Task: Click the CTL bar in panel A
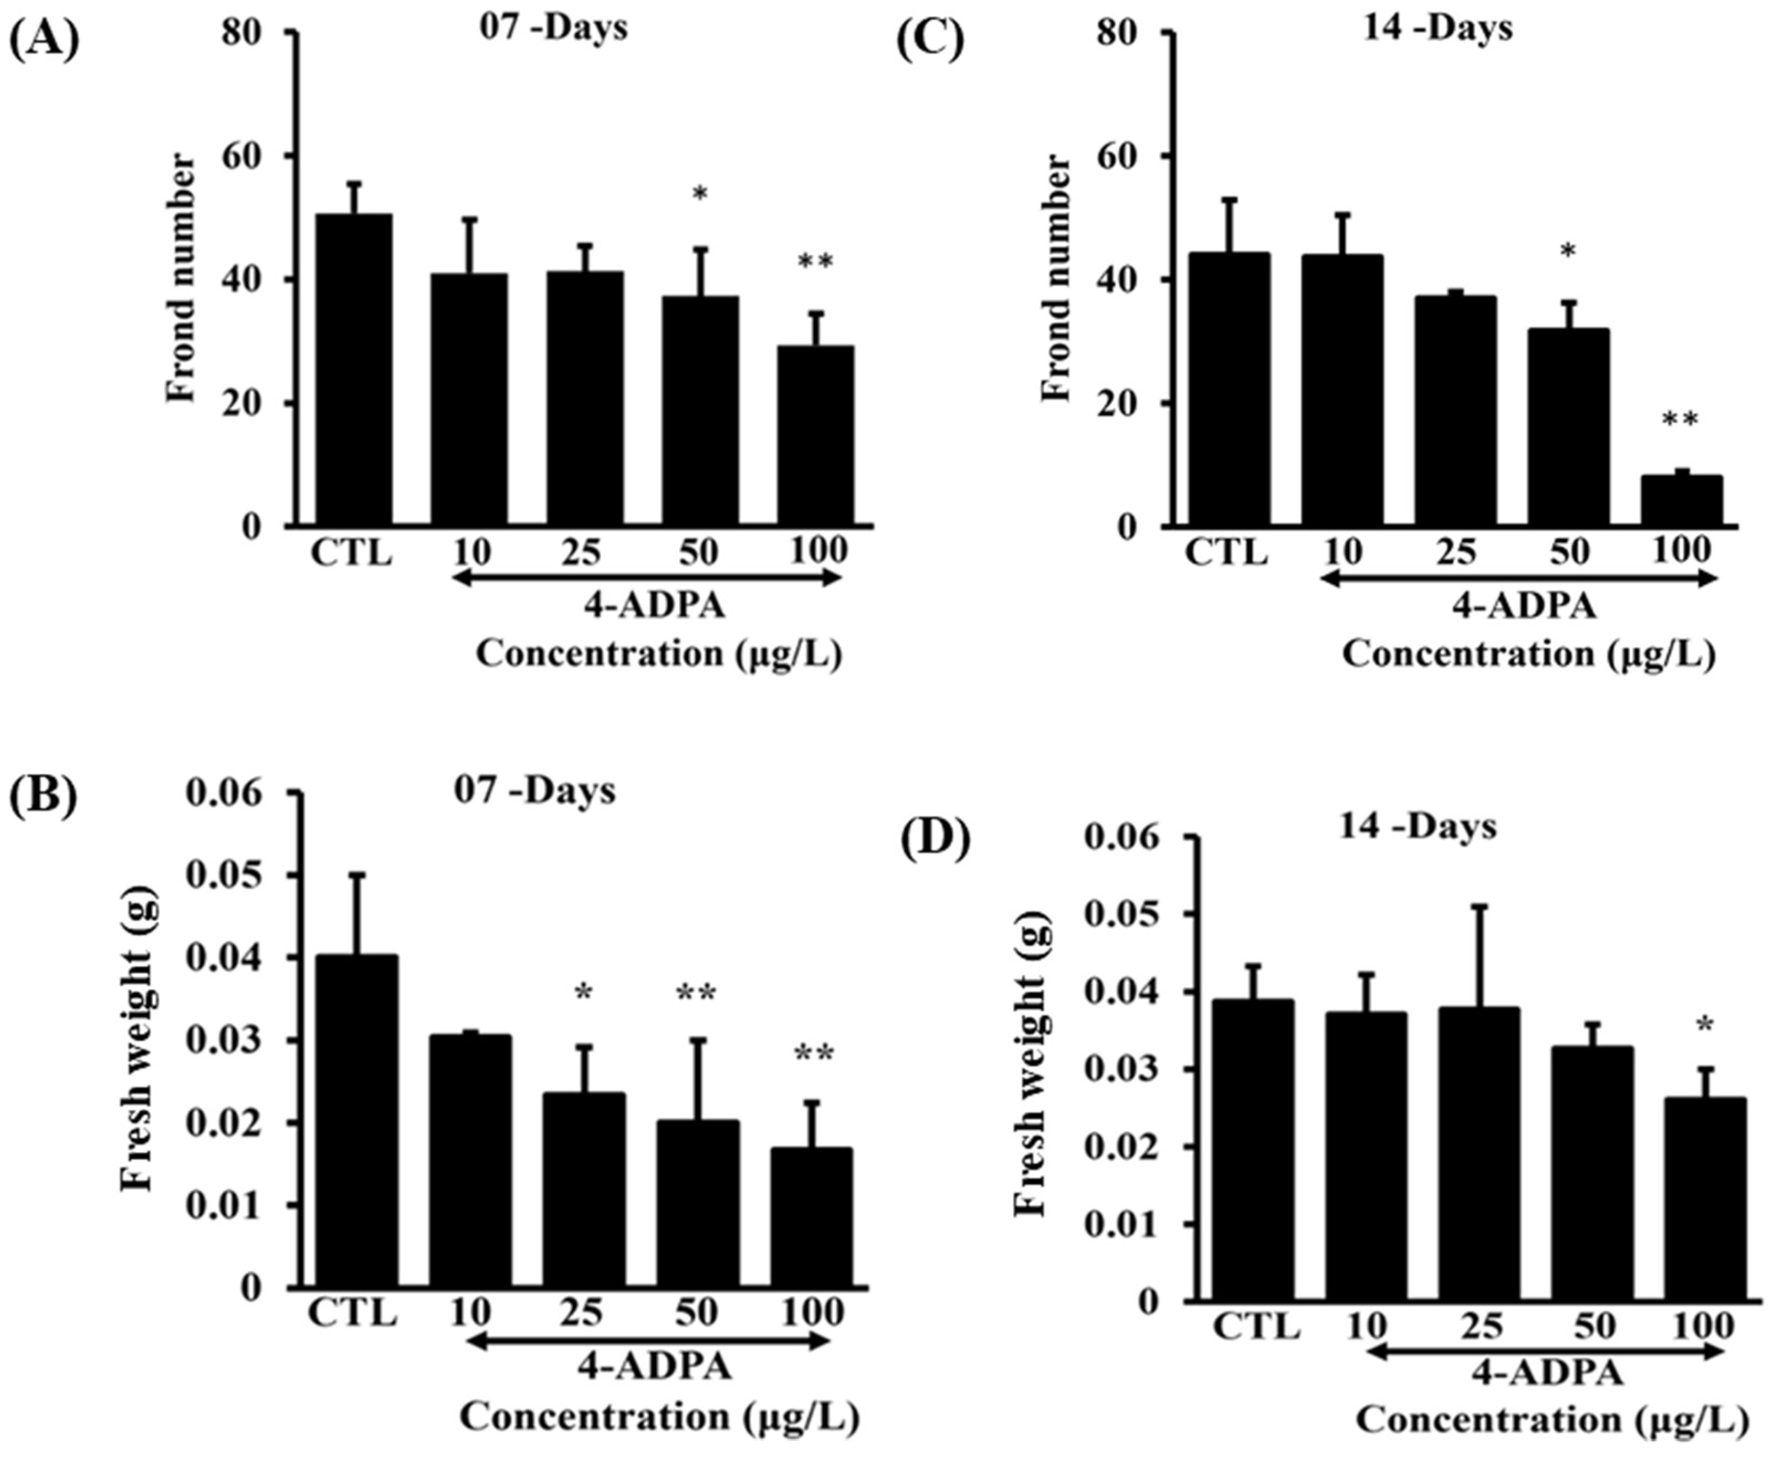353,370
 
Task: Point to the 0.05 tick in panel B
231,876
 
